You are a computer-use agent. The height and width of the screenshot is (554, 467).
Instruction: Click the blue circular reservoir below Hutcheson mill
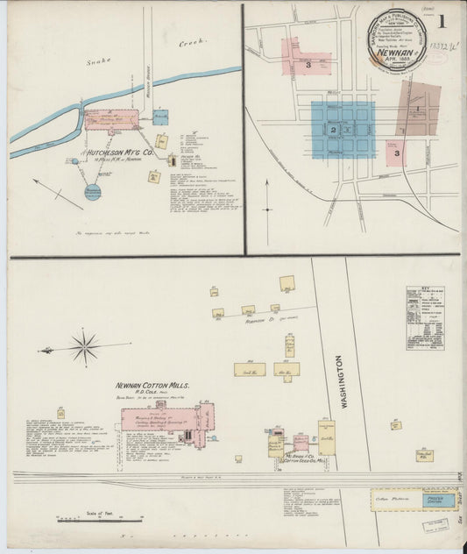pyautogui.click(x=93, y=191)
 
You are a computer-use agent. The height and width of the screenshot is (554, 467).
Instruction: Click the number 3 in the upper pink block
pyautogui.click(x=308, y=65)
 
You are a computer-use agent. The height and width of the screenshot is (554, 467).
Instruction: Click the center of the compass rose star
pyautogui.click(x=85, y=347)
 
